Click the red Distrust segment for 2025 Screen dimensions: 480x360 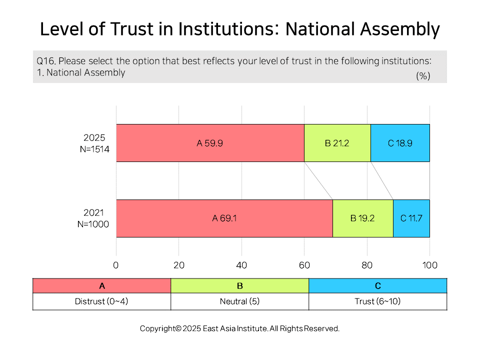210,143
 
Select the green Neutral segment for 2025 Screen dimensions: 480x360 337,143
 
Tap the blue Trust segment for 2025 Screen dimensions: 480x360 400,143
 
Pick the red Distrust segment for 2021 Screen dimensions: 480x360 224,218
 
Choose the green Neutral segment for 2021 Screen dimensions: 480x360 363,218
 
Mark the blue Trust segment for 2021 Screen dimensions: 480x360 411,218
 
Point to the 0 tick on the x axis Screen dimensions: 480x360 115,265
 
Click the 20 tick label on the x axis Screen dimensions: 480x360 179,265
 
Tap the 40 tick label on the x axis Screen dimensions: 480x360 241,265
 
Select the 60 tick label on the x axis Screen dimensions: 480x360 304,265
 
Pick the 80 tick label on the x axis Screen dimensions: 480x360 367,265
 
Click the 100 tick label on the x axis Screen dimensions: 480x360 430,265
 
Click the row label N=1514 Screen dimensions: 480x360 94,149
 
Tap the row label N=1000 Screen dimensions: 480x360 93,224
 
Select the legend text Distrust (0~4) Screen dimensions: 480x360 101,301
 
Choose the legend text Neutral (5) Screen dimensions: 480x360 239,301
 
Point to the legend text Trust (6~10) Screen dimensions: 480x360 377,301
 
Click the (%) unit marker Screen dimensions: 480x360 423,76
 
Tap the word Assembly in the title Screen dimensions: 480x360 400,29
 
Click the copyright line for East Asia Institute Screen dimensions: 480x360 239,328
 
